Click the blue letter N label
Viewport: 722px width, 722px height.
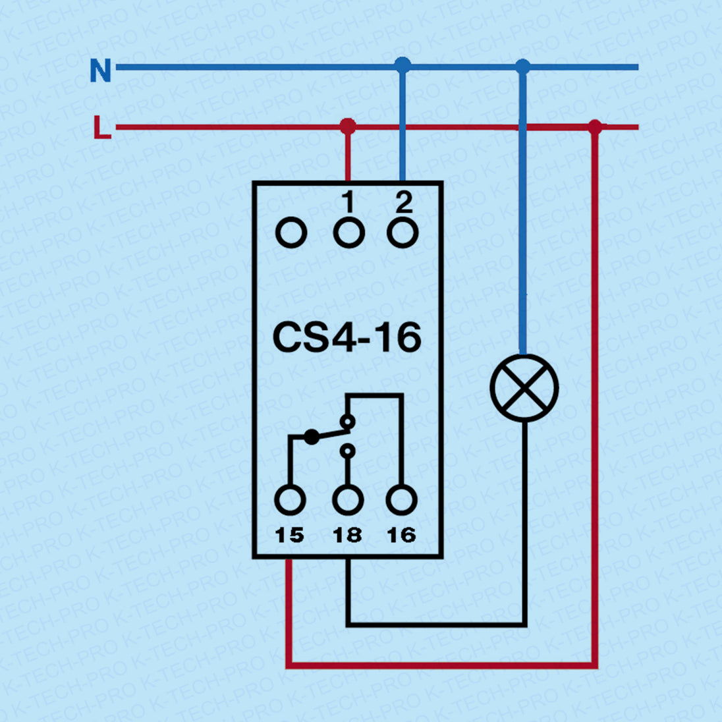click(x=100, y=70)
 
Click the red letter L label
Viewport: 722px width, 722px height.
click(x=102, y=127)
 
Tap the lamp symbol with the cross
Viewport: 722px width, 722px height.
click(x=524, y=388)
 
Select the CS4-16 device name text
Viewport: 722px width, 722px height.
click(x=347, y=337)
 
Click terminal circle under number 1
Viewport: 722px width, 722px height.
click(x=348, y=233)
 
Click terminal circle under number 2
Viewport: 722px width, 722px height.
click(x=403, y=233)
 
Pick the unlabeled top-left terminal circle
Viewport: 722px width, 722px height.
click(x=291, y=233)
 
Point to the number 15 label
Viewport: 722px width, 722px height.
click(x=289, y=535)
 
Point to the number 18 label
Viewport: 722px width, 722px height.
click(x=347, y=535)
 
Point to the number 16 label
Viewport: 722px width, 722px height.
click(x=401, y=535)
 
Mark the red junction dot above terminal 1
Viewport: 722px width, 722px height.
click(x=348, y=126)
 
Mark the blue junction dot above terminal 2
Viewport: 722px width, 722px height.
click(x=403, y=65)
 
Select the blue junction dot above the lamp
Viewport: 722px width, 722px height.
click(x=522, y=66)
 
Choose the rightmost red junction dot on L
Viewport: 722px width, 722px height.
click(x=595, y=126)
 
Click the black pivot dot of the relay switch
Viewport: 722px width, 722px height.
click(x=312, y=436)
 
